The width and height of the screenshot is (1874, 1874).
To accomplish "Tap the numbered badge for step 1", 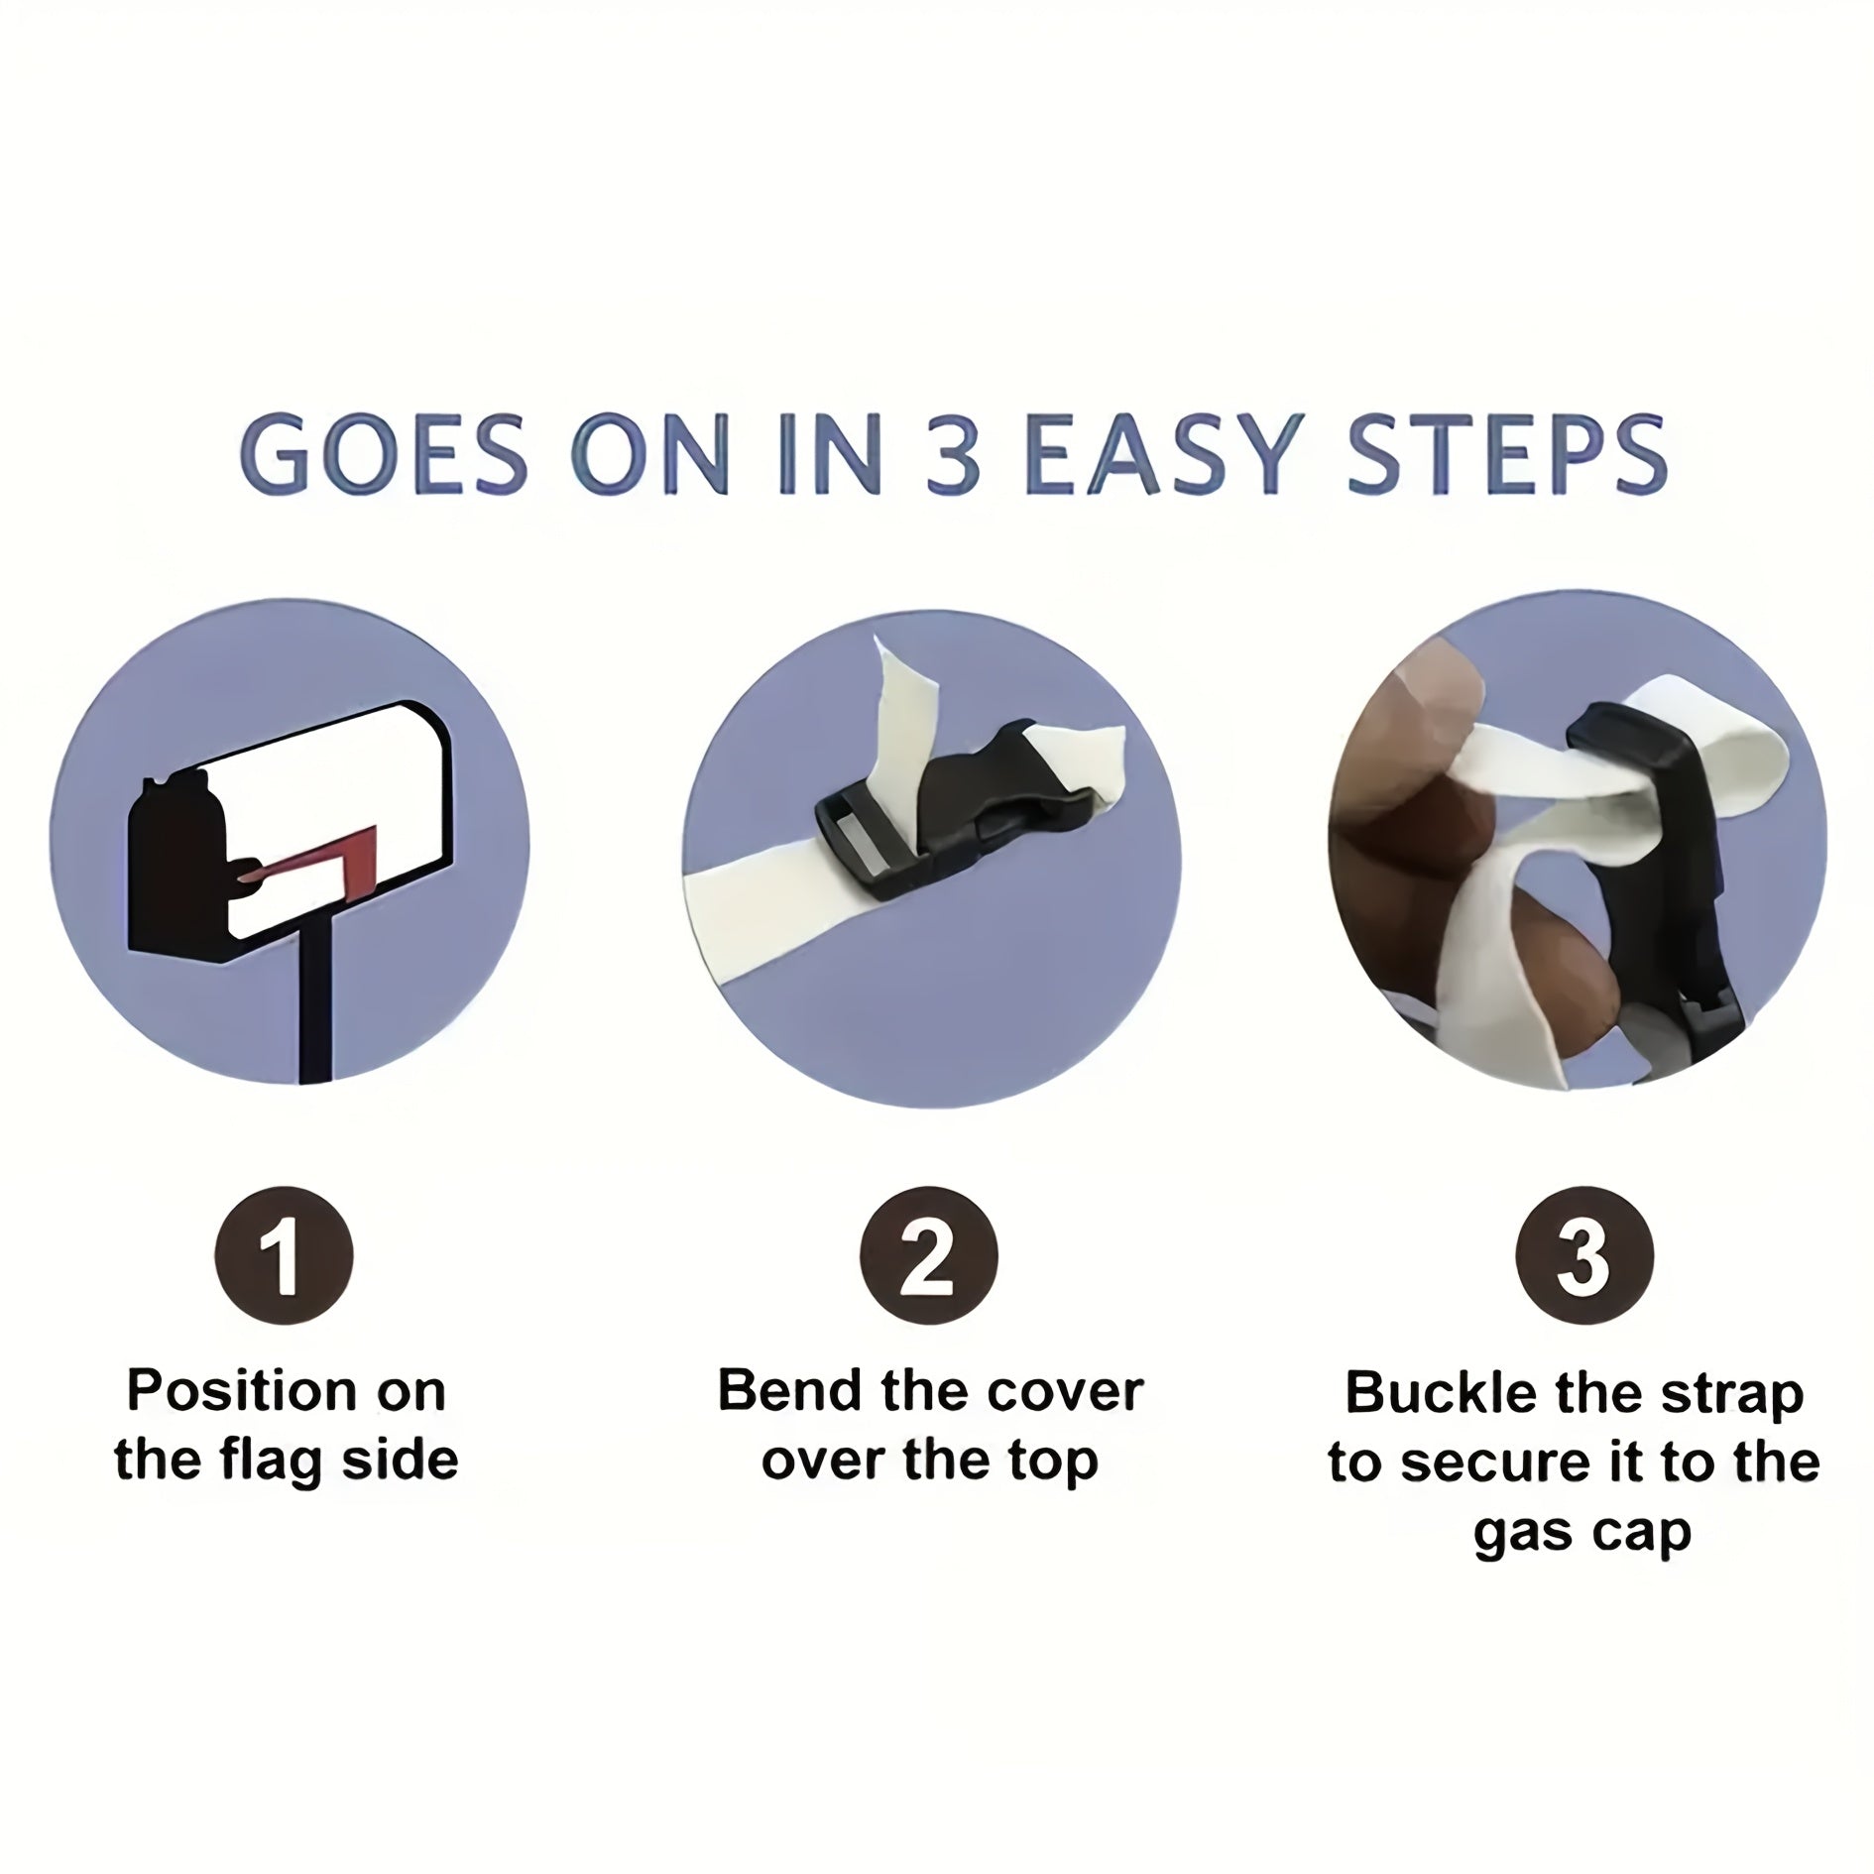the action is (x=284, y=1255).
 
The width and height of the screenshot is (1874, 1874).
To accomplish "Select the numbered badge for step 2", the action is (x=928, y=1255).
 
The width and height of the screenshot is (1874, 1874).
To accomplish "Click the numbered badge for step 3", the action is (x=1584, y=1255).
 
